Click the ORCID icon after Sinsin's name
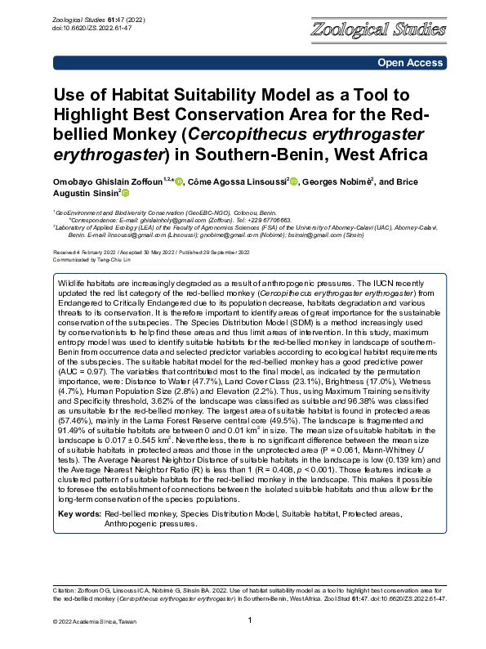[x=125, y=193]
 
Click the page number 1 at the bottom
[x=249, y=621]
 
